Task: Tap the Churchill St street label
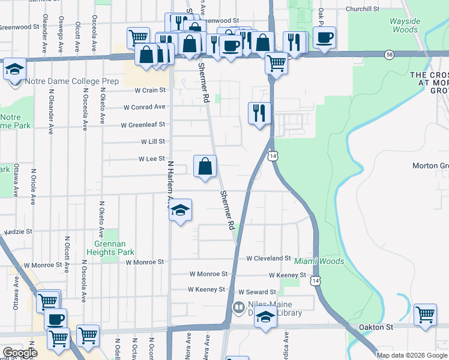[363, 9]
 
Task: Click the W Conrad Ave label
[144, 107]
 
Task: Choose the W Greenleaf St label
[143, 125]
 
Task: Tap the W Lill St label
[152, 142]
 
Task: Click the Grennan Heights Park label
[113, 248]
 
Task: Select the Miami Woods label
[319, 261]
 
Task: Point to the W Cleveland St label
[269, 258]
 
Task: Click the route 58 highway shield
[390, 54]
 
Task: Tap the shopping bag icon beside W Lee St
[205, 166]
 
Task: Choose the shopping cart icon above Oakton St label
[425, 314]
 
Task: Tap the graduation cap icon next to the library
[265, 317]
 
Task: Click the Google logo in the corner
[20, 353]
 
